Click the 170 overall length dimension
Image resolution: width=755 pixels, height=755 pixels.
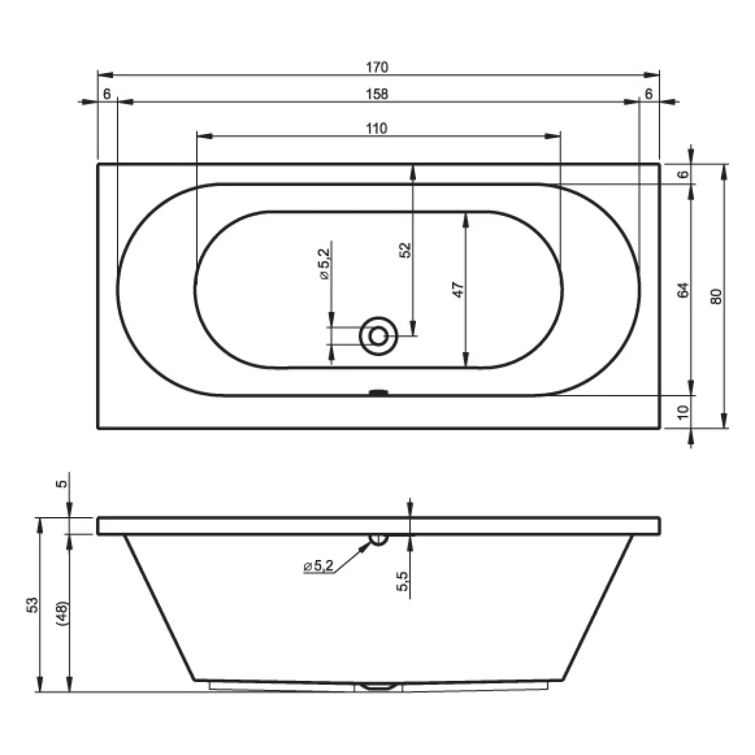[377, 67]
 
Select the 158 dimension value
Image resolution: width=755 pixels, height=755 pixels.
[377, 94]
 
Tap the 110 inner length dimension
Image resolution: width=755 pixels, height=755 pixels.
[377, 128]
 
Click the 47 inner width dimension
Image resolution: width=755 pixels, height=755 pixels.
[458, 289]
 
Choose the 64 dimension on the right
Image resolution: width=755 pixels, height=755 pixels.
[683, 289]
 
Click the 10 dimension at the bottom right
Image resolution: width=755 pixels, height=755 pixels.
[683, 412]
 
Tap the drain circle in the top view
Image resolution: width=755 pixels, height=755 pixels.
[378, 336]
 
